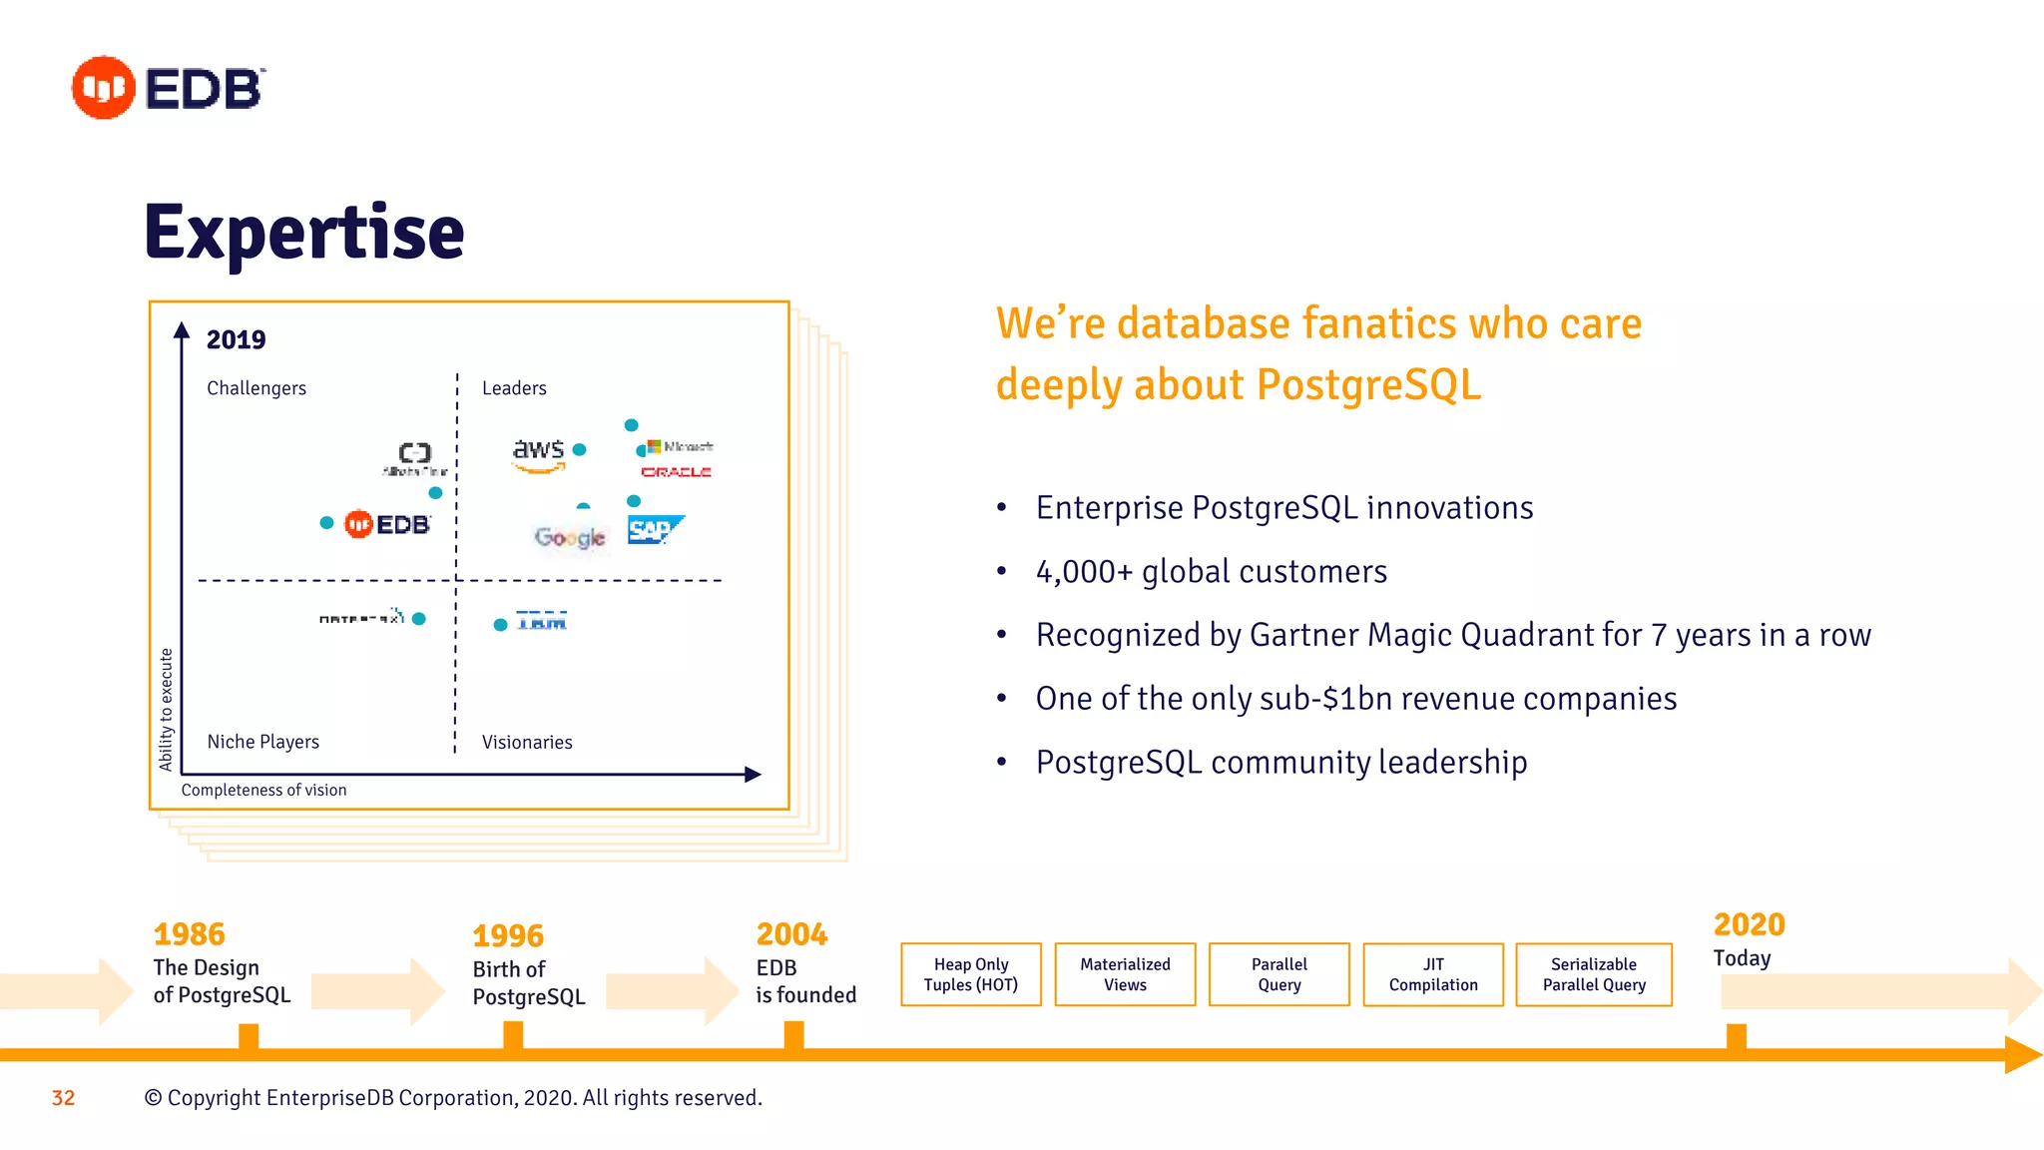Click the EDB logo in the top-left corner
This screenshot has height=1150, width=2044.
coord(168,88)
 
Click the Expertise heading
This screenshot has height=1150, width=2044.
coord(304,232)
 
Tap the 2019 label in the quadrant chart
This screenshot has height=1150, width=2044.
coord(236,340)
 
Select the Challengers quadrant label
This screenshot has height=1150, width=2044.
coord(256,388)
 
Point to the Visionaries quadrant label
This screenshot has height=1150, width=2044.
coord(527,743)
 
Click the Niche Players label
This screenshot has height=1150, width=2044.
coord(263,742)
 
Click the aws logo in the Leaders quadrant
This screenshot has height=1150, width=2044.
coord(539,453)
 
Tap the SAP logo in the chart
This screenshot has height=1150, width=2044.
coord(655,530)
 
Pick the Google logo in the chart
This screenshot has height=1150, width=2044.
coord(570,538)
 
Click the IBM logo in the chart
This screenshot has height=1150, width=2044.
coord(541,621)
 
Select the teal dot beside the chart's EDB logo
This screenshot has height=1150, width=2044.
coord(326,523)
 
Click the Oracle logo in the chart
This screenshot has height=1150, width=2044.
coord(676,472)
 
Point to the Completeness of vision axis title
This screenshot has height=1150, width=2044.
coord(264,790)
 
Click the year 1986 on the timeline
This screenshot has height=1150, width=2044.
coord(189,934)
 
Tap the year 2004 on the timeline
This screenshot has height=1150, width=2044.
coord(791,934)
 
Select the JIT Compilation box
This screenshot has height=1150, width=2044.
coord(1433,974)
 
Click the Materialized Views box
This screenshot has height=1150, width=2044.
coord(1125,974)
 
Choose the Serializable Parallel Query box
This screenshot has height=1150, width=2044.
coord(1594,974)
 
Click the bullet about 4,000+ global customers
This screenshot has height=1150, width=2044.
coord(1211,572)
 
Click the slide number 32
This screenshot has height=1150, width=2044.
coord(63,1098)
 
